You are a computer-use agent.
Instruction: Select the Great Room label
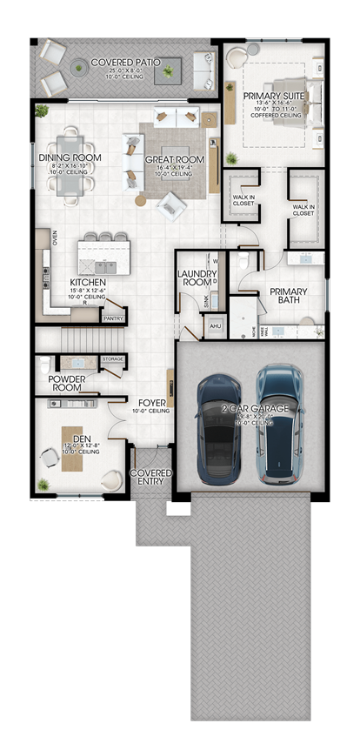pos(176,160)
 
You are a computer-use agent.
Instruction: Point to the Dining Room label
pos(70,157)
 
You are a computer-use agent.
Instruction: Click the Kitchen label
pos(88,283)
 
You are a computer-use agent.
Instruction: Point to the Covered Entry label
pos(151,478)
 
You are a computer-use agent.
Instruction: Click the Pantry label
pos(113,319)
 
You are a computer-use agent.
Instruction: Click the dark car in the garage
pos(218,428)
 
